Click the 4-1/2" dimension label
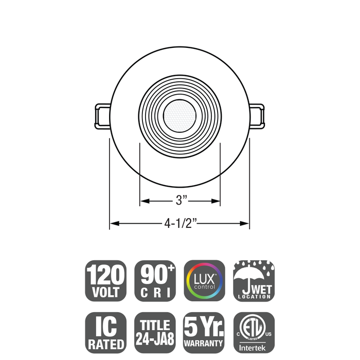pos(181,224)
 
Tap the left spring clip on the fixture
pos(101,116)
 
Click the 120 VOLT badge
pos(105,281)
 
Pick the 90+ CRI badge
pos(155,281)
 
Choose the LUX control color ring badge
pos(205,281)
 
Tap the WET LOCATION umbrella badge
pos(254,281)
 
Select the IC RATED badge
pos(105,333)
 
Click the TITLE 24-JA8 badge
pos(155,333)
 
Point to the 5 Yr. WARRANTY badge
pos(205,333)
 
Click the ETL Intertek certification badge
pos(254,333)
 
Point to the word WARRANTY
pos(205,343)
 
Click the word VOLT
pos(105,293)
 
